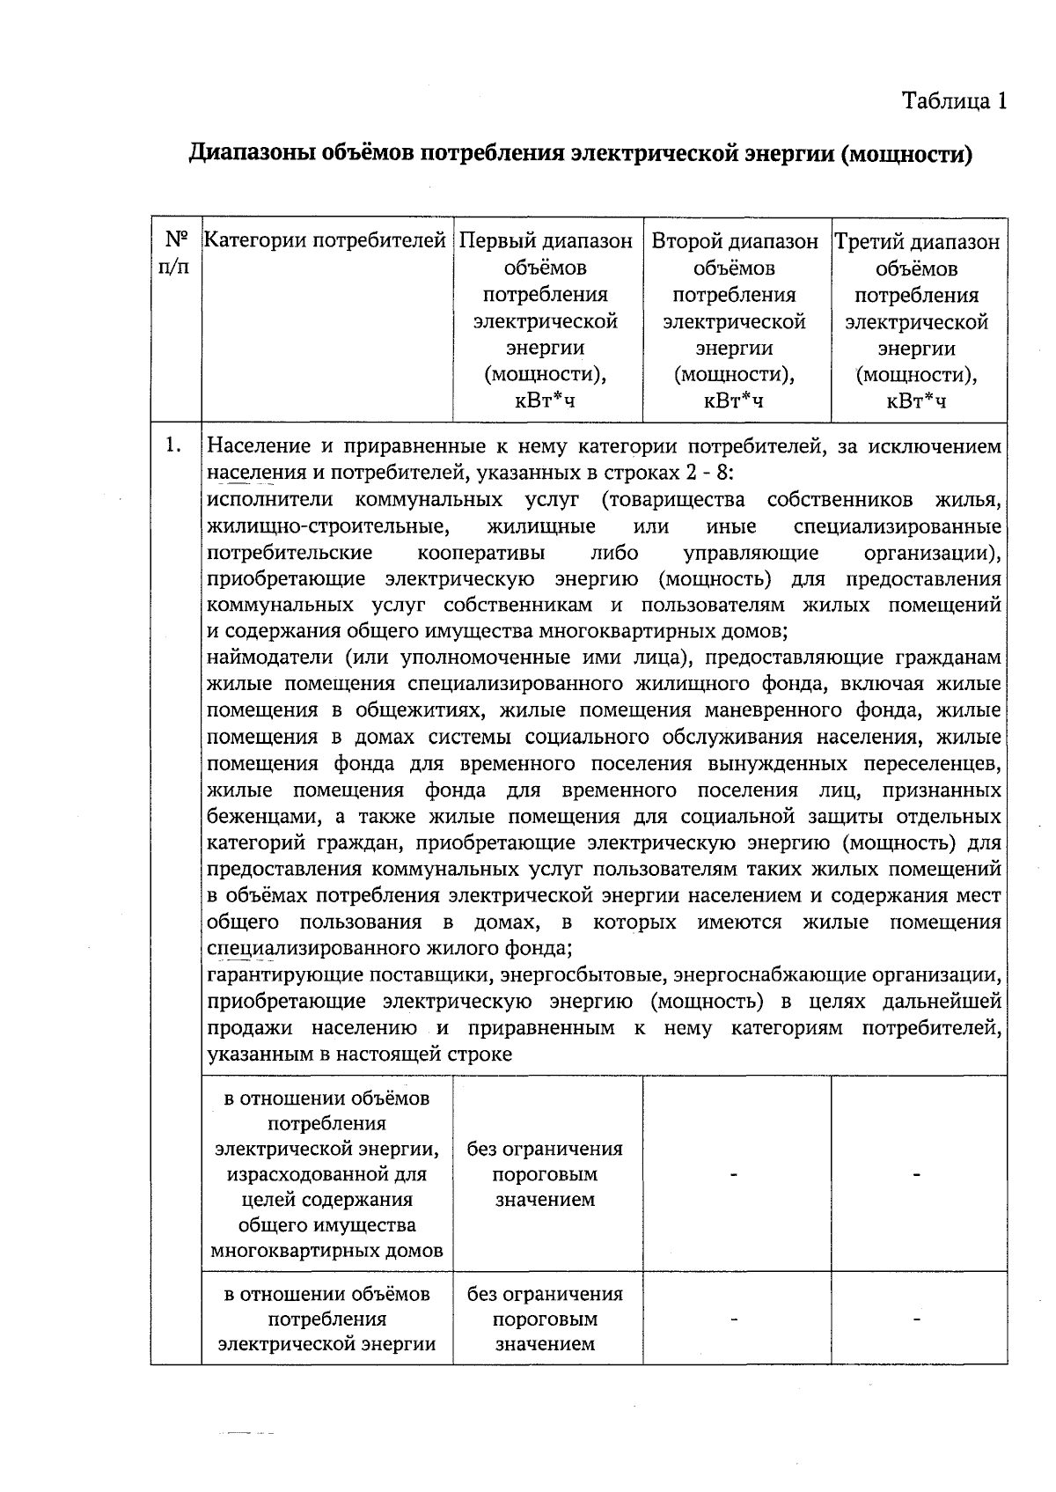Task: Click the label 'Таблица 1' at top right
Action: point(953,101)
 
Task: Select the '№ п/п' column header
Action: point(176,253)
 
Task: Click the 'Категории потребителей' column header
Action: point(326,240)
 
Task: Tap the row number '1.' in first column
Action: point(174,445)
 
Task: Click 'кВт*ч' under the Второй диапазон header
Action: point(733,401)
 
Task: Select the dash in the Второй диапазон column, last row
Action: point(733,1319)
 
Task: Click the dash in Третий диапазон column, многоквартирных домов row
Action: point(917,1174)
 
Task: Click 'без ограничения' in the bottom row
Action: point(545,1294)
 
